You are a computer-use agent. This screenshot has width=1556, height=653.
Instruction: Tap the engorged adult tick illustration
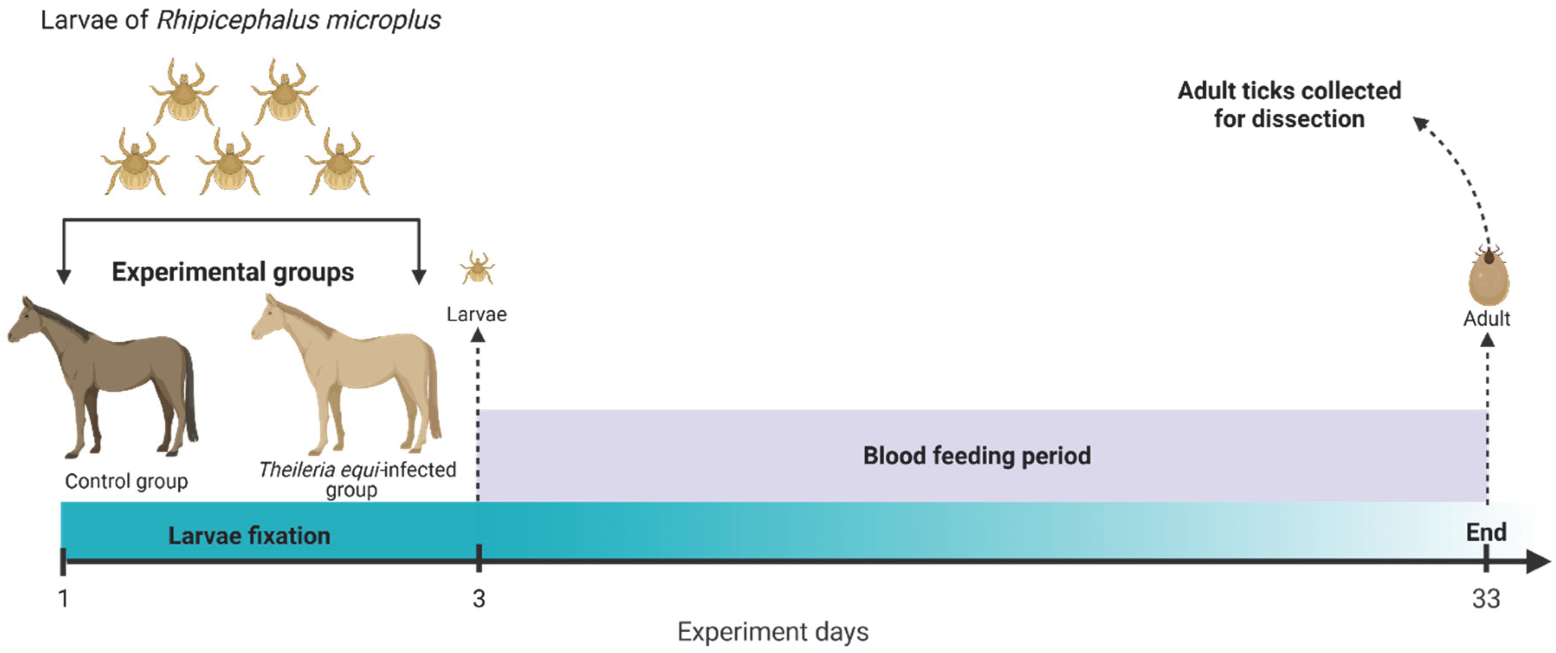click(x=1488, y=277)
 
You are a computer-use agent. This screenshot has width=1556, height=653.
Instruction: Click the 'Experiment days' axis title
click(x=773, y=632)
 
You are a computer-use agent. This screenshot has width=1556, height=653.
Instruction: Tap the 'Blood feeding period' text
click(x=977, y=455)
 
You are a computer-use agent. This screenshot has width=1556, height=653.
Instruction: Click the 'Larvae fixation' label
click(x=249, y=535)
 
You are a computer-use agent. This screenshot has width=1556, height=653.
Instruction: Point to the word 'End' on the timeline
click(x=1486, y=532)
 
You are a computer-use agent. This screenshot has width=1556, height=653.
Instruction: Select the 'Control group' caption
click(x=126, y=481)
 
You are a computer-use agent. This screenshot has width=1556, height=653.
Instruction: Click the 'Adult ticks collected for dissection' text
click(x=1289, y=104)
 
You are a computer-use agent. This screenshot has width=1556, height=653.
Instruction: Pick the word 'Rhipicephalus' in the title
click(x=237, y=20)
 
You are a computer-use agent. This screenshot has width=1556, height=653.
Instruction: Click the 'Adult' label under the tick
click(x=1486, y=319)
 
